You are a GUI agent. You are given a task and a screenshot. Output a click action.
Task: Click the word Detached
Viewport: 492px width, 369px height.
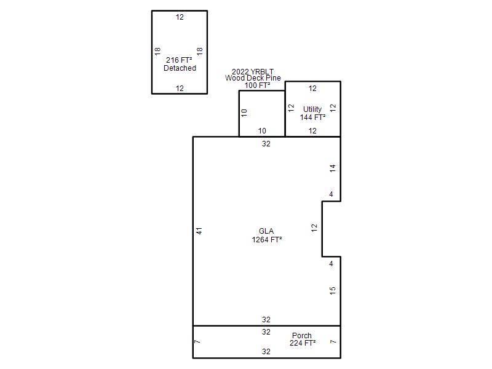180,68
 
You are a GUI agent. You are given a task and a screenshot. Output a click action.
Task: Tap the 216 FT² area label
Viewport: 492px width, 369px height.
179,60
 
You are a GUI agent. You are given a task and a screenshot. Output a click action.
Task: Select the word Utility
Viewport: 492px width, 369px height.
312,109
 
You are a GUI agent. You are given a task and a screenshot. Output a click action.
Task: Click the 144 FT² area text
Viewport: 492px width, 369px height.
312,117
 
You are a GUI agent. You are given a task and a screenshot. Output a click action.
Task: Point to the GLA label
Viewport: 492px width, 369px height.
266,231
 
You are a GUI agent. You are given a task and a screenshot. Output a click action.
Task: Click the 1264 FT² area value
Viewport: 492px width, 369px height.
267,240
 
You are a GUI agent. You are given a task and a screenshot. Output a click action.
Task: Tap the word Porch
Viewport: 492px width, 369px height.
302,335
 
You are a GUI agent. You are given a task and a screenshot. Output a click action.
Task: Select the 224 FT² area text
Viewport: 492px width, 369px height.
303,343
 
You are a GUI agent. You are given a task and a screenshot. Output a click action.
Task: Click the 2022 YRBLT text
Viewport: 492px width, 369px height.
253,71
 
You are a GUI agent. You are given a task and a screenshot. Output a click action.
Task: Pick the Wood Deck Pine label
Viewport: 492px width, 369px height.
253,78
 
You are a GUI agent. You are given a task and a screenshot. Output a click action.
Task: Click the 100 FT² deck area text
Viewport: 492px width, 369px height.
257,85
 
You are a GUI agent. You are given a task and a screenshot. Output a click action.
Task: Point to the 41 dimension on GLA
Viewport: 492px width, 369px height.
199,231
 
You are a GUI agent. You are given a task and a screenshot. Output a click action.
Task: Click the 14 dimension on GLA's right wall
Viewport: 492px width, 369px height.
333,168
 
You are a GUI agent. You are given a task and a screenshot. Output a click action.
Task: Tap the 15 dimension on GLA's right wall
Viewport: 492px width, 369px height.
333,290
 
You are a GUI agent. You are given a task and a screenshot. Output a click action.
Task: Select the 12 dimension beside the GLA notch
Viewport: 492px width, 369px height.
314,228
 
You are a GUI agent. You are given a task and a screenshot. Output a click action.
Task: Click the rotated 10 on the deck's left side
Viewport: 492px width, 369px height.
244,113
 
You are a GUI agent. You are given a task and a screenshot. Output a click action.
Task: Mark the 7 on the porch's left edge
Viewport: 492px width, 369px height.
197,341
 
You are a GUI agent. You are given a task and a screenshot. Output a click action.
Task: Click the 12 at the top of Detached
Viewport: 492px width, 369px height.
180,17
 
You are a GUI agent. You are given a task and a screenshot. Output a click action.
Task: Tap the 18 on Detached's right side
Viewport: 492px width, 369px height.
199,51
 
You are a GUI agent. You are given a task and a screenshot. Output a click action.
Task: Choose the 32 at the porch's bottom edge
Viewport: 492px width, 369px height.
266,352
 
